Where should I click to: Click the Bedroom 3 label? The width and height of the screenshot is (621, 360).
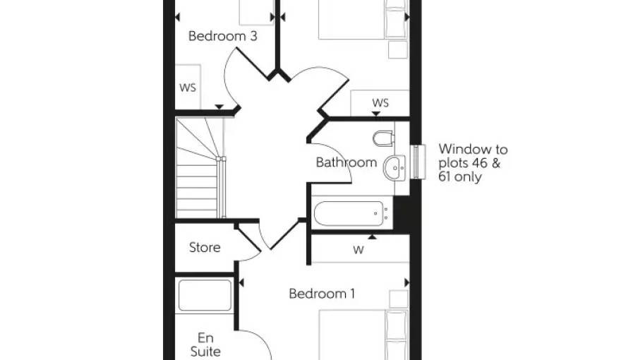(x=222, y=36)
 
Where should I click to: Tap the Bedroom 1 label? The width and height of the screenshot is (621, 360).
(x=322, y=294)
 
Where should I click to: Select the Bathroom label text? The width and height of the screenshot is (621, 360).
(x=346, y=162)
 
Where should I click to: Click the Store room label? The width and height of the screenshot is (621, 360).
(x=205, y=247)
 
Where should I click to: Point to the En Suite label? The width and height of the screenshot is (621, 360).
(x=205, y=344)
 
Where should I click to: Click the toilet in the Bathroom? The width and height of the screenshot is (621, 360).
(x=383, y=138)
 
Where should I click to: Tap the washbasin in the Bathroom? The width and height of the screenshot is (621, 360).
(x=394, y=168)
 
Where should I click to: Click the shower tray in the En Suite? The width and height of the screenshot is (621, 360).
(x=205, y=295)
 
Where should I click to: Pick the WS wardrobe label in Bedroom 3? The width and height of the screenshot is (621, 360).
(x=187, y=88)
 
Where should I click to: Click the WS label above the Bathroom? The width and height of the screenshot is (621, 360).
(x=380, y=103)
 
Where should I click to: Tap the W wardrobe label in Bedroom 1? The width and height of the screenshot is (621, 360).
(x=358, y=250)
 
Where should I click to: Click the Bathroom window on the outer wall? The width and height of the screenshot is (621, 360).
(x=418, y=162)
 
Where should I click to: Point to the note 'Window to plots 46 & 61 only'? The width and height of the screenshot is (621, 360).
(x=473, y=163)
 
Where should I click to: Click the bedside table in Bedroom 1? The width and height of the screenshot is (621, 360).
(x=399, y=299)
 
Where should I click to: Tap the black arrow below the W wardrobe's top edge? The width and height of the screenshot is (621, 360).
(x=372, y=237)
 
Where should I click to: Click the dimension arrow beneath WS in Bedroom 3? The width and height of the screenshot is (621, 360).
(x=219, y=107)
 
